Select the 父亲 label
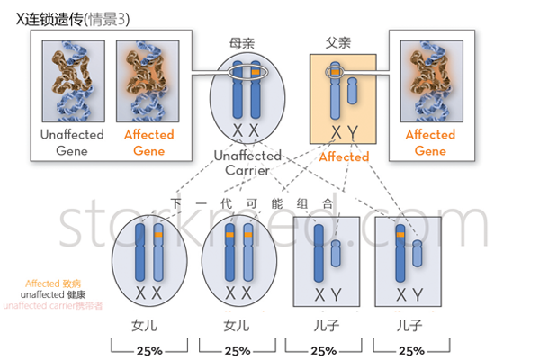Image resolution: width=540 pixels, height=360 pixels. pos(339,42)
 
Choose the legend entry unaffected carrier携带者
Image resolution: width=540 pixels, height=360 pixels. pos(53,306)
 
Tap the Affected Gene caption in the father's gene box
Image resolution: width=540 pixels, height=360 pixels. pos(430,142)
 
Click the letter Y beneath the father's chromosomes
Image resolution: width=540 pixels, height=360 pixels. pos(353,133)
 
